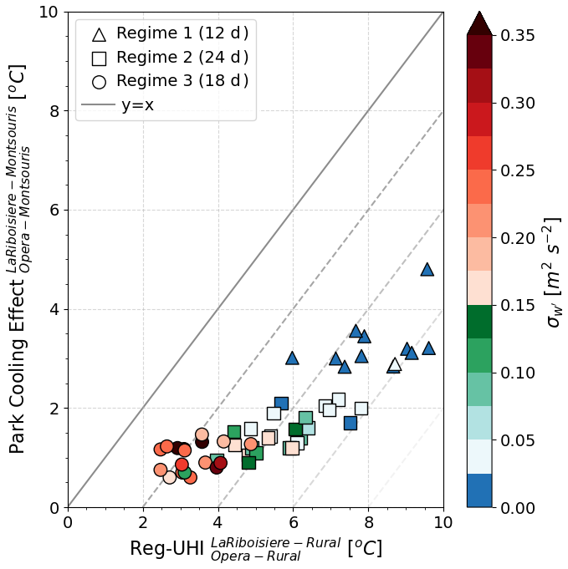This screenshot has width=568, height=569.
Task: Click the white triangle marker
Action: (x=395, y=364)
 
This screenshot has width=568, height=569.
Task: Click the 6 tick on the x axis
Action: (x=294, y=523)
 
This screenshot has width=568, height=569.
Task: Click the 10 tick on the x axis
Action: (x=443, y=523)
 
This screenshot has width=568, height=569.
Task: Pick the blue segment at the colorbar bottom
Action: (x=479, y=490)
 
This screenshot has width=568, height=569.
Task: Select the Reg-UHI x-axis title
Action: (x=255, y=549)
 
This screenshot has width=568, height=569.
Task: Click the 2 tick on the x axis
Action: (x=143, y=523)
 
